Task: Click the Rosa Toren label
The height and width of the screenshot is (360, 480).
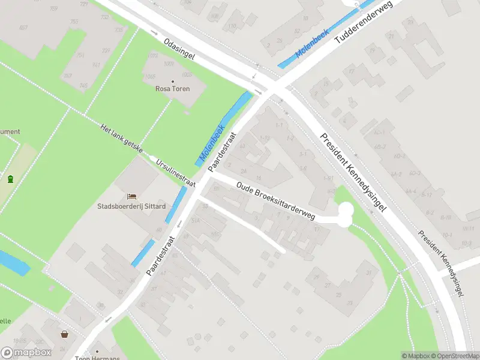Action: [x=173, y=89]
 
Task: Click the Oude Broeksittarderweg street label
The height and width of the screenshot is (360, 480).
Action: [x=275, y=202]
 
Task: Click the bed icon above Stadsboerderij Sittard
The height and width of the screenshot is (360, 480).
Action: [x=131, y=196]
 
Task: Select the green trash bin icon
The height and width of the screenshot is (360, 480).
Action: [x=10, y=178]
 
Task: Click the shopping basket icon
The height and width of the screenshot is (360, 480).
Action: [x=64, y=335]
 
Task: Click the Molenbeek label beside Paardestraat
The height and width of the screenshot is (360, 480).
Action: [x=211, y=146]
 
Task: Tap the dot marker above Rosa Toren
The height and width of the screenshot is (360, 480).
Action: [x=173, y=81]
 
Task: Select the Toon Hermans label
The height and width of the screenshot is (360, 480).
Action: [x=97, y=358]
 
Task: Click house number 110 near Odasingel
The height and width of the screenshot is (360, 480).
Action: [x=232, y=26]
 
